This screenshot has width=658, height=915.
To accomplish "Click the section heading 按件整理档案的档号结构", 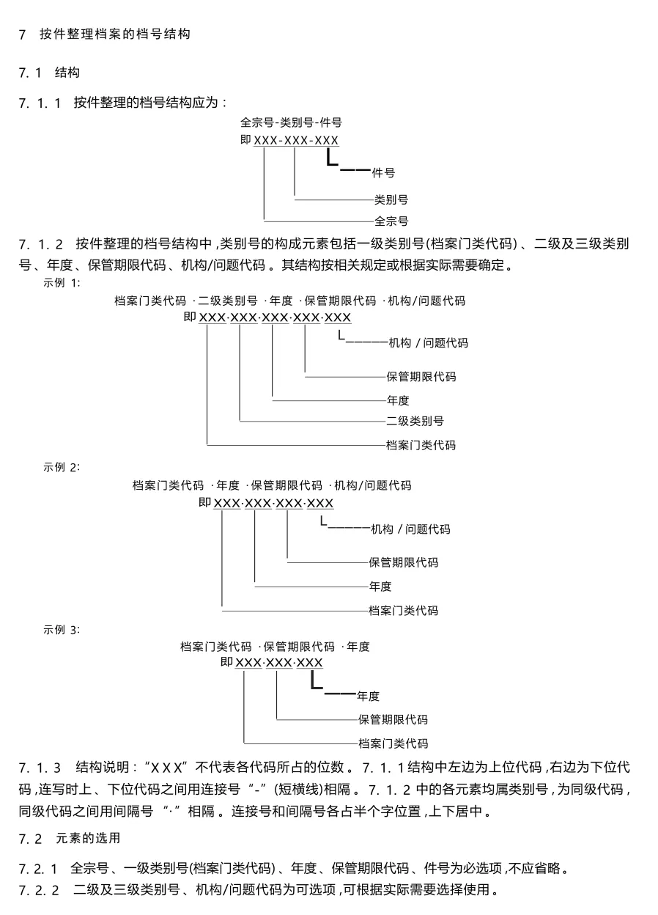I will pyautogui.click(x=115, y=34).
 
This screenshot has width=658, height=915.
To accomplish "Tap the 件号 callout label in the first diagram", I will pyautogui.click(x=383, y=174).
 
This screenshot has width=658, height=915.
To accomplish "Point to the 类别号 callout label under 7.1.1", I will pyautogui.click(x=391, y=199).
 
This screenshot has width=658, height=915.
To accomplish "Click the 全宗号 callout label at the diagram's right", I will pyautogui.click(x=391, y=221).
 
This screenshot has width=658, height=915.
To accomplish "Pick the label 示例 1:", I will pyautogui.click(x=62, y=282).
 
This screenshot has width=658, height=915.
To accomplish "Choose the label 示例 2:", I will pyautogui.click(x=62, y=467).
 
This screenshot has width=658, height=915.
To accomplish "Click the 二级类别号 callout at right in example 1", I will pyautogui.click(x=415, y=421).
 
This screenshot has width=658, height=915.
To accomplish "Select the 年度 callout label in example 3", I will pyautogui.click(x=368, y=697).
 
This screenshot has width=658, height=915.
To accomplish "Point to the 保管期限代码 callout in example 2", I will pyautogui.click(x=403, y=563).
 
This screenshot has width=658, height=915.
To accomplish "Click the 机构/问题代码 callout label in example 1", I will pyautogui.click(x=428, y=343).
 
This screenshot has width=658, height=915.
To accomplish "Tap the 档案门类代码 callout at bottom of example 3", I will pyautogui.click(x=393, y=743).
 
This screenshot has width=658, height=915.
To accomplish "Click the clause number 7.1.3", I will pyautogui.click(x=40, y=768).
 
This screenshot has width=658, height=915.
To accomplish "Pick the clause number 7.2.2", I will pyautogui.click(x=38, y=891).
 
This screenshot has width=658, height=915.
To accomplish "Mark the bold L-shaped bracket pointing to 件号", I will pyautogui.click(x=333, y=158).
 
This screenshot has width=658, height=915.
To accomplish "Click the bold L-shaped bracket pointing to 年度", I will pyautogui.click(x=317, y=681).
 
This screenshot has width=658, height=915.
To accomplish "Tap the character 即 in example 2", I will pyautogui.click(x=204, y=503).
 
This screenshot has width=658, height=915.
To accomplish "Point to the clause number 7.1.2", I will pyautogui.click(x=40, y=243).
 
